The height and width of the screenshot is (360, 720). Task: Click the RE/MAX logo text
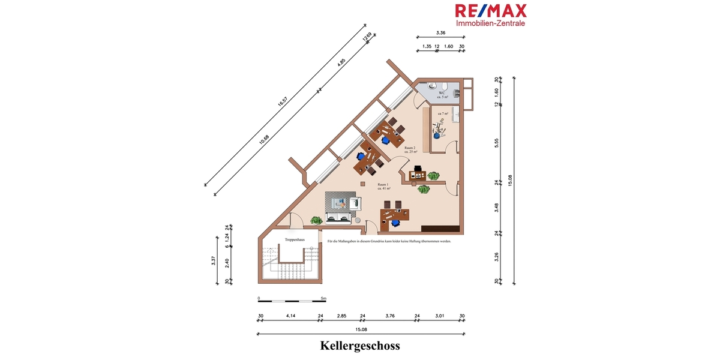(x=490, y=11)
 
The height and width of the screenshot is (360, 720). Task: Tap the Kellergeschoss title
(x=360, y=346)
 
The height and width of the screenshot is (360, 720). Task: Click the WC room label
(x=442, y=92)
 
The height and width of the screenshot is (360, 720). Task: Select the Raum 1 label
(x=383, y=184)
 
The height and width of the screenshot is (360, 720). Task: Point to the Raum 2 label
(x=410, y=148)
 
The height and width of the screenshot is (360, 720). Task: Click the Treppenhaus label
(x=295, y=240)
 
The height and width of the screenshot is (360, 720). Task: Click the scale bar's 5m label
(x=323, y=298)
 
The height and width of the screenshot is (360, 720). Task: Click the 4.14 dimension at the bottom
(x=291, y=316)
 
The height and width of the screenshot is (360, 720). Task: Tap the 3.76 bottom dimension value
(x=390, y=316)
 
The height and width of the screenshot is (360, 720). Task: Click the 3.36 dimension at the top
(x=440, y=33)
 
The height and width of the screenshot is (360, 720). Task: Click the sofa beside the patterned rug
(x=339, y=217)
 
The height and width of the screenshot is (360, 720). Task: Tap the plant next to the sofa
(x=316, y=221)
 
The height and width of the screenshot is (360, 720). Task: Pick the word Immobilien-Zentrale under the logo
(x=491, y=23)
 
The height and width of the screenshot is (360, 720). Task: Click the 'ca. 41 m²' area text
(x=385, y=189)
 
